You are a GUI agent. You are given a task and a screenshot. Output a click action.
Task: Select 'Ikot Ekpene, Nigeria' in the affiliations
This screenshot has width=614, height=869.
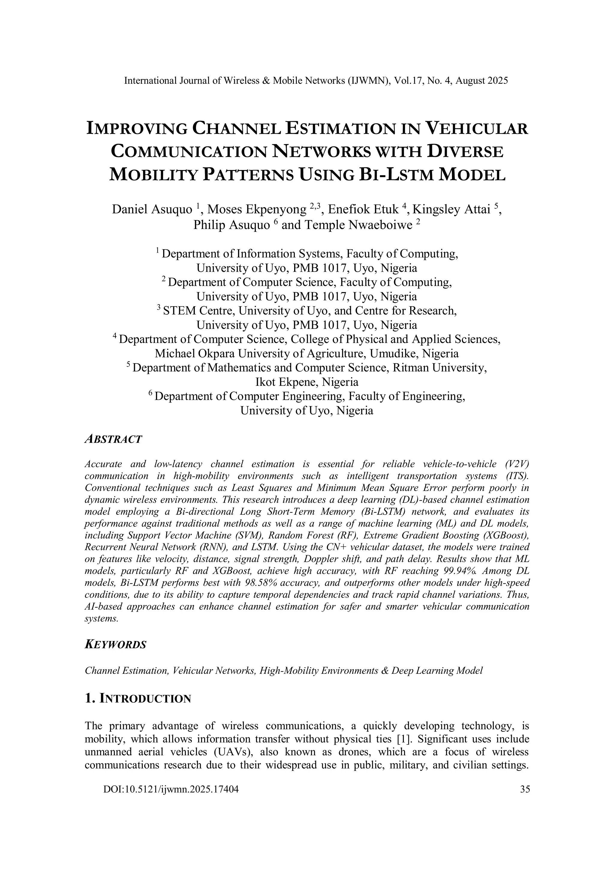pyautogui.click(x=307, y=382)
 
